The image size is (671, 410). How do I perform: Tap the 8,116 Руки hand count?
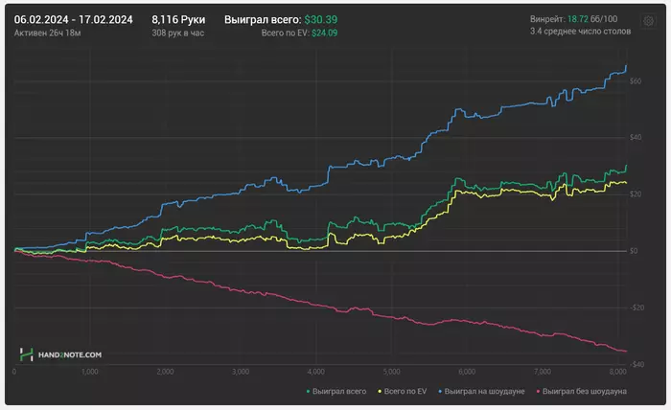click(178, 19)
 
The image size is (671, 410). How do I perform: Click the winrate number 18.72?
click(578, 19)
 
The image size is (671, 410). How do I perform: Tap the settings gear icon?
click(648, 19)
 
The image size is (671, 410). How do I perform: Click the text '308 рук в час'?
click(178, 33)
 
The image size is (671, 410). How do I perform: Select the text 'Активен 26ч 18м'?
click(48, 33)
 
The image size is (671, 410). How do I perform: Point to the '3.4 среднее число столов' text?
click(581, 33)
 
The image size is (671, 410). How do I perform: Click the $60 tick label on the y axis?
click(636, 81)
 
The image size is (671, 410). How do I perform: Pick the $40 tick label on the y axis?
click(636, 138)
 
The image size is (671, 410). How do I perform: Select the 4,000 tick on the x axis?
click(314, 371)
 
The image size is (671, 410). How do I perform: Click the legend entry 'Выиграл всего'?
click(337, 391)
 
